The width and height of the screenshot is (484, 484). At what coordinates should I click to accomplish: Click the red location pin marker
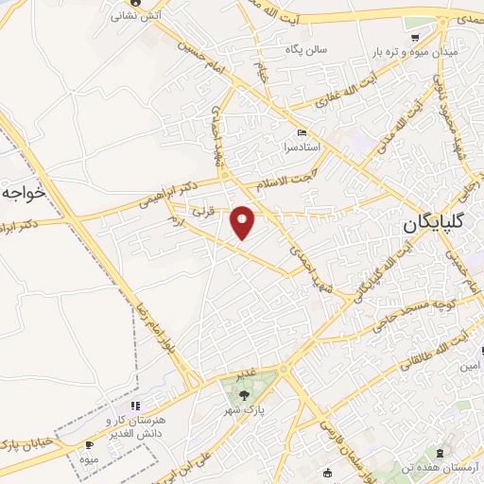point(244,222)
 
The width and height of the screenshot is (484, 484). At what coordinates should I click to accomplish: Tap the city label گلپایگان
point(436,224)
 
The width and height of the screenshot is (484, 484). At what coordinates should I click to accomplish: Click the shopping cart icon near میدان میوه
point(415,38)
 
